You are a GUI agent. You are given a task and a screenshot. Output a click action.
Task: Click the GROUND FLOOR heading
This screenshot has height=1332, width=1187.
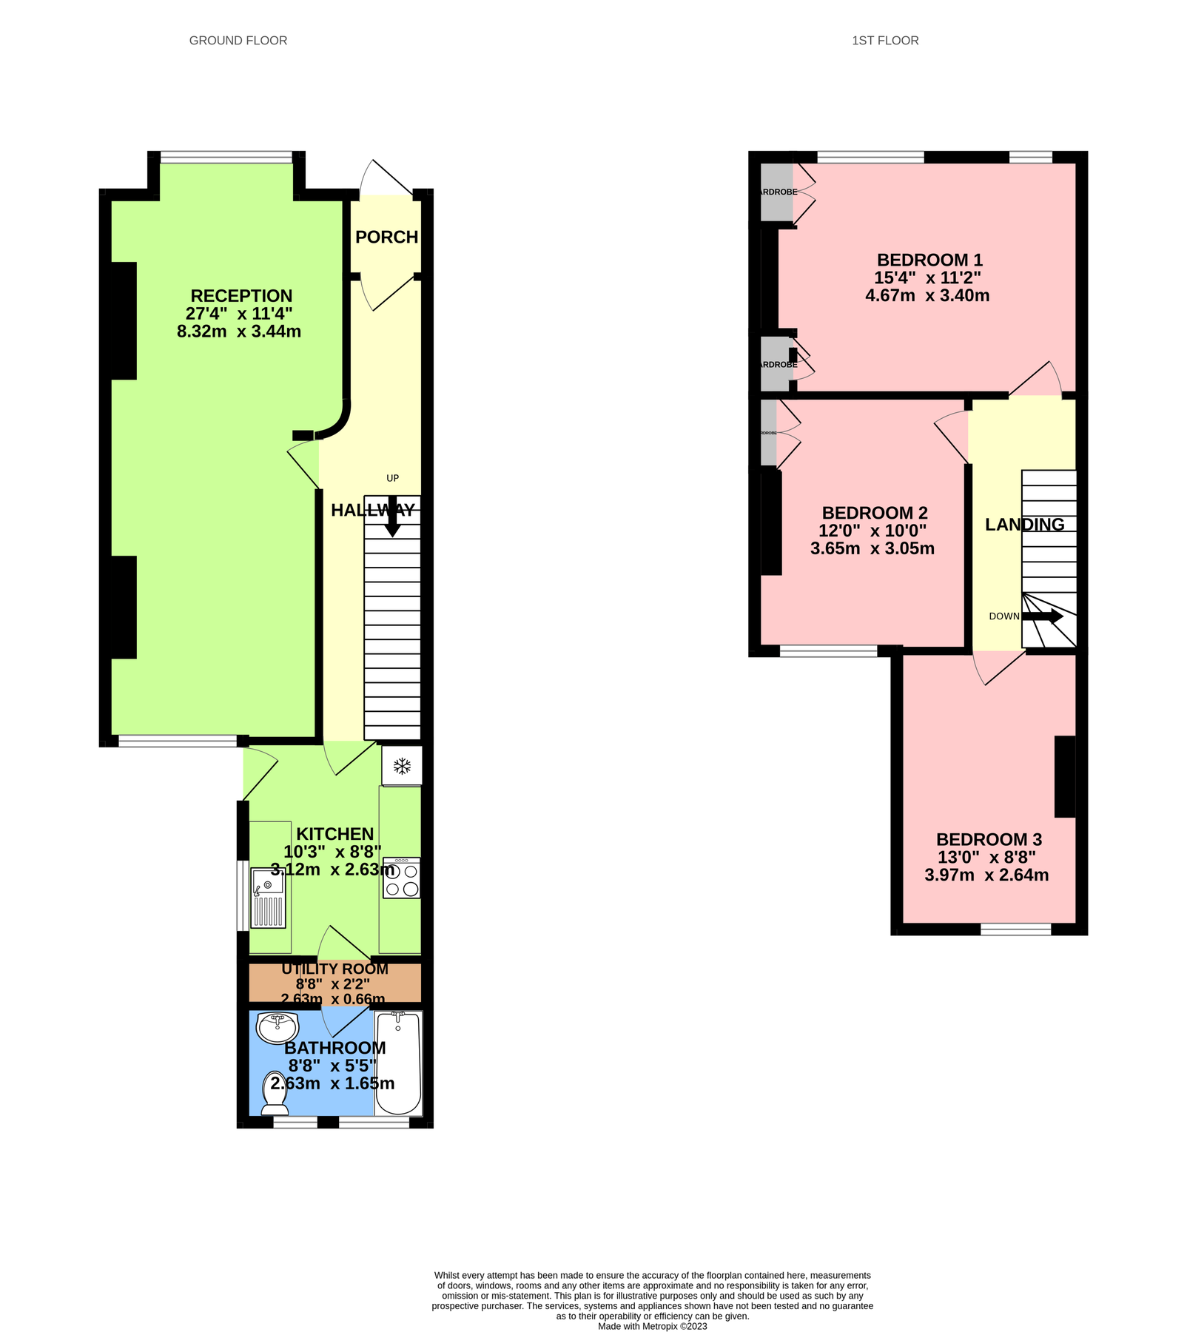click(x=238, y=41)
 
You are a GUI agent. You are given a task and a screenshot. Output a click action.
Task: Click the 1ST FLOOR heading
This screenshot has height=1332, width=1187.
click(x=884, y=41)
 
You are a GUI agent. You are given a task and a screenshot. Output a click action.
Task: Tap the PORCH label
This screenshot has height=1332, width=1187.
click(x=386, y=237)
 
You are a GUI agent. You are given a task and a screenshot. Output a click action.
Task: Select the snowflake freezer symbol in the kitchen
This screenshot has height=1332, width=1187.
click(x=402, y=766)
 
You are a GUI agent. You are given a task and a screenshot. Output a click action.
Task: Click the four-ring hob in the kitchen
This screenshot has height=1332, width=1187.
click(x=401, y=878)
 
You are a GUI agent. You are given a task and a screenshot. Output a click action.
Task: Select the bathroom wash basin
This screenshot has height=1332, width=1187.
click(x=278, y=1026)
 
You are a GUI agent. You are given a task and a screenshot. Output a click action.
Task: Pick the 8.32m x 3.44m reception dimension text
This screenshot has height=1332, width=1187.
click(x=239, y=332)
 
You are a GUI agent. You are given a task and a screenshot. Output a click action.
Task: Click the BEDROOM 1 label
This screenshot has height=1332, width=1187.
click(x=929, y=260)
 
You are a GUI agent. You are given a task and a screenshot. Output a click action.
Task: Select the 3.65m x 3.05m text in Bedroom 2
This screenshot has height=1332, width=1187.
click(x=872, y=548)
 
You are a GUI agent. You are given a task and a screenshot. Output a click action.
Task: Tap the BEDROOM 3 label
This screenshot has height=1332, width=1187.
click(x=989, y=839)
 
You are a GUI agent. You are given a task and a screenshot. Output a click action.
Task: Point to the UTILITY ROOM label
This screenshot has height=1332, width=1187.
click(x=334, y=969)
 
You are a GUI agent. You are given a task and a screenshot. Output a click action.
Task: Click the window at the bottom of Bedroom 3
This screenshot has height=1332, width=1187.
click(x=1015, y=929)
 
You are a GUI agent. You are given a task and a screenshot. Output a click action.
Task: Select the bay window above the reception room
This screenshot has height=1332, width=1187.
click(x=226, y=156)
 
